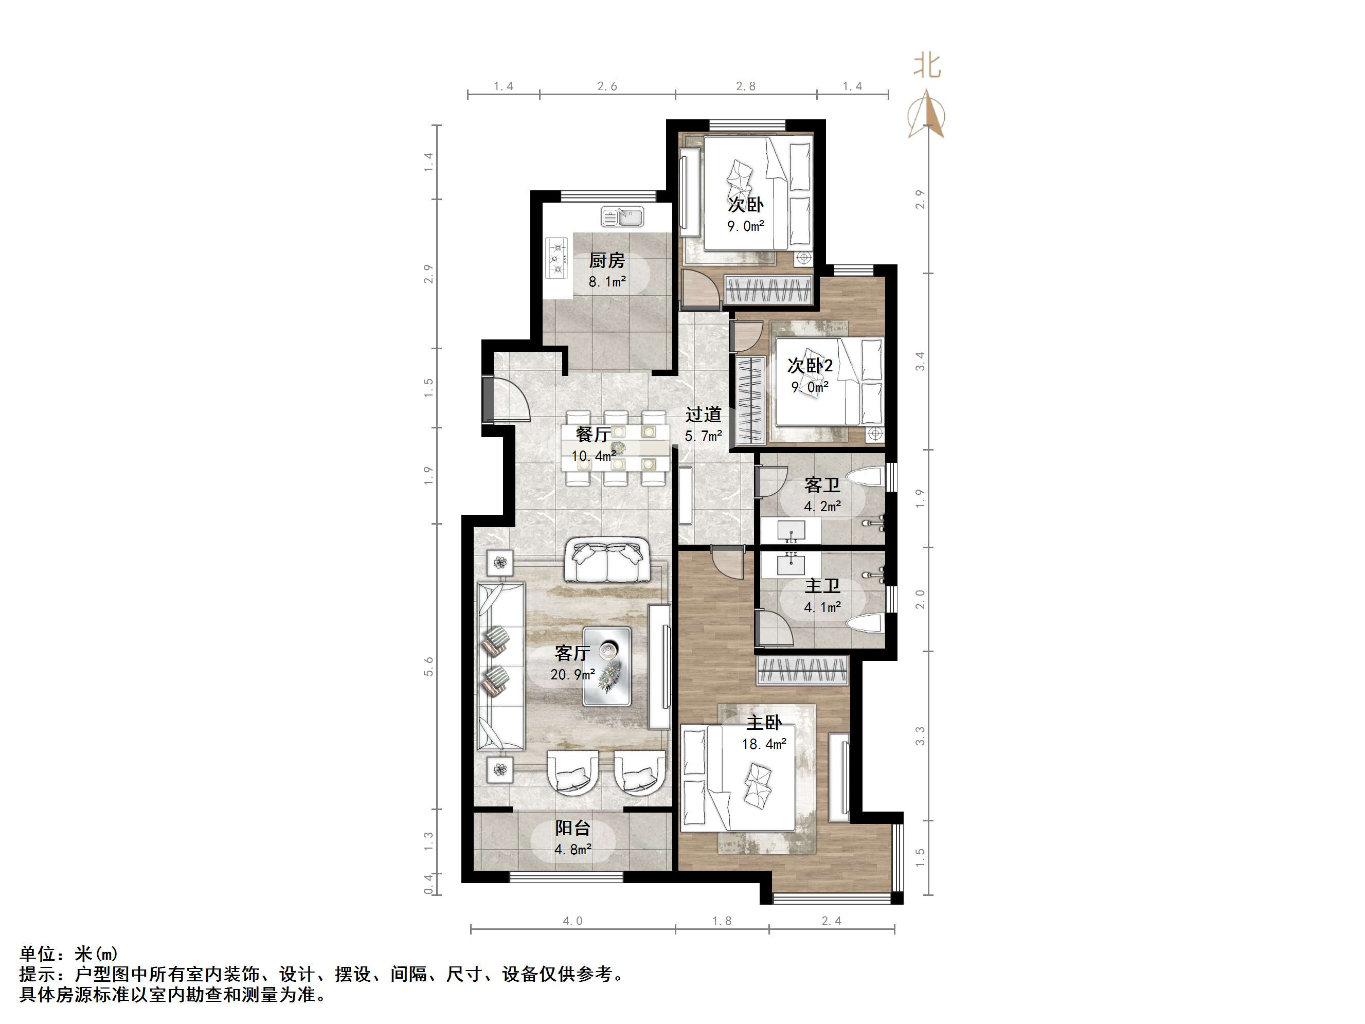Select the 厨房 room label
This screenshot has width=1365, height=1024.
tap(606, 260)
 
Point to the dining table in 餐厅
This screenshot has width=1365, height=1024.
tap(616, 448)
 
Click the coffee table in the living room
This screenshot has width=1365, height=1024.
tap(607, 667)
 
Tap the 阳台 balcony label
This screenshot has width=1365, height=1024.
tap(572, 828)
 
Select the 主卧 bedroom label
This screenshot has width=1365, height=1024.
tap(764, 722)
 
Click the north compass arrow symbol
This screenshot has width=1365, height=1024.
tap(926, 114)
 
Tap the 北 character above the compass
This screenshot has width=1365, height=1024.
tap(927, 66)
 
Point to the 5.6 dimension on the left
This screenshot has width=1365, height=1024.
tap(429, 666)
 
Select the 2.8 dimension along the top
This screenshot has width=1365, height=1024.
tap(745, 86)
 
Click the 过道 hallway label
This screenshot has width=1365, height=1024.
tap(703, 414)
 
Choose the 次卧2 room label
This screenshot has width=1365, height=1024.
tap(810, 365)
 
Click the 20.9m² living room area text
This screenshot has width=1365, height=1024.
tap(572, 675)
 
